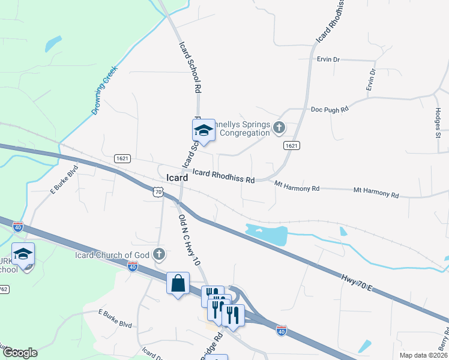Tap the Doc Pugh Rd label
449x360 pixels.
pos(330,110)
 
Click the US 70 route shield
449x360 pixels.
pos(158,191)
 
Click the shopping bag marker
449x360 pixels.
pos(178,283)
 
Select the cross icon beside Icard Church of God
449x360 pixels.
pos(159,254)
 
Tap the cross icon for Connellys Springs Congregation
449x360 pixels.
pos(279,127)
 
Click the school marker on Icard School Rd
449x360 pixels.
pos(203,130)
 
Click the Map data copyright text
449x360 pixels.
pos(423,355)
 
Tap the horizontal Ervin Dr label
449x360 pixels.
pos(328,60)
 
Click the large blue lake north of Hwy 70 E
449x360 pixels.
pos(267,234)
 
